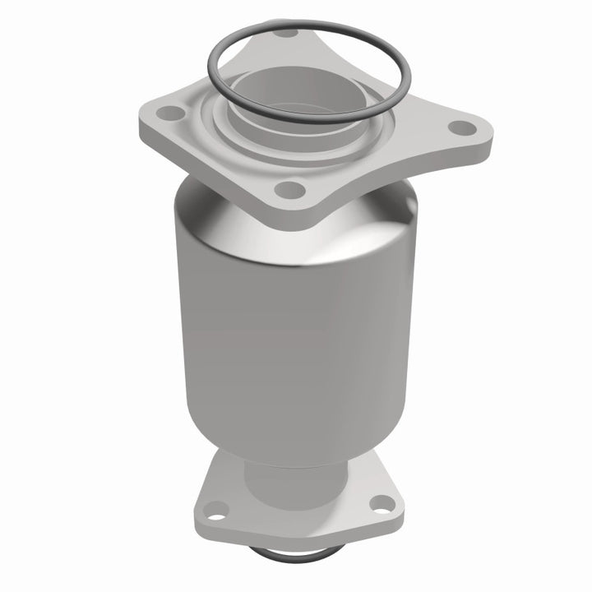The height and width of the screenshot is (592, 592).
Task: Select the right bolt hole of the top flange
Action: [x=464, y=127]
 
